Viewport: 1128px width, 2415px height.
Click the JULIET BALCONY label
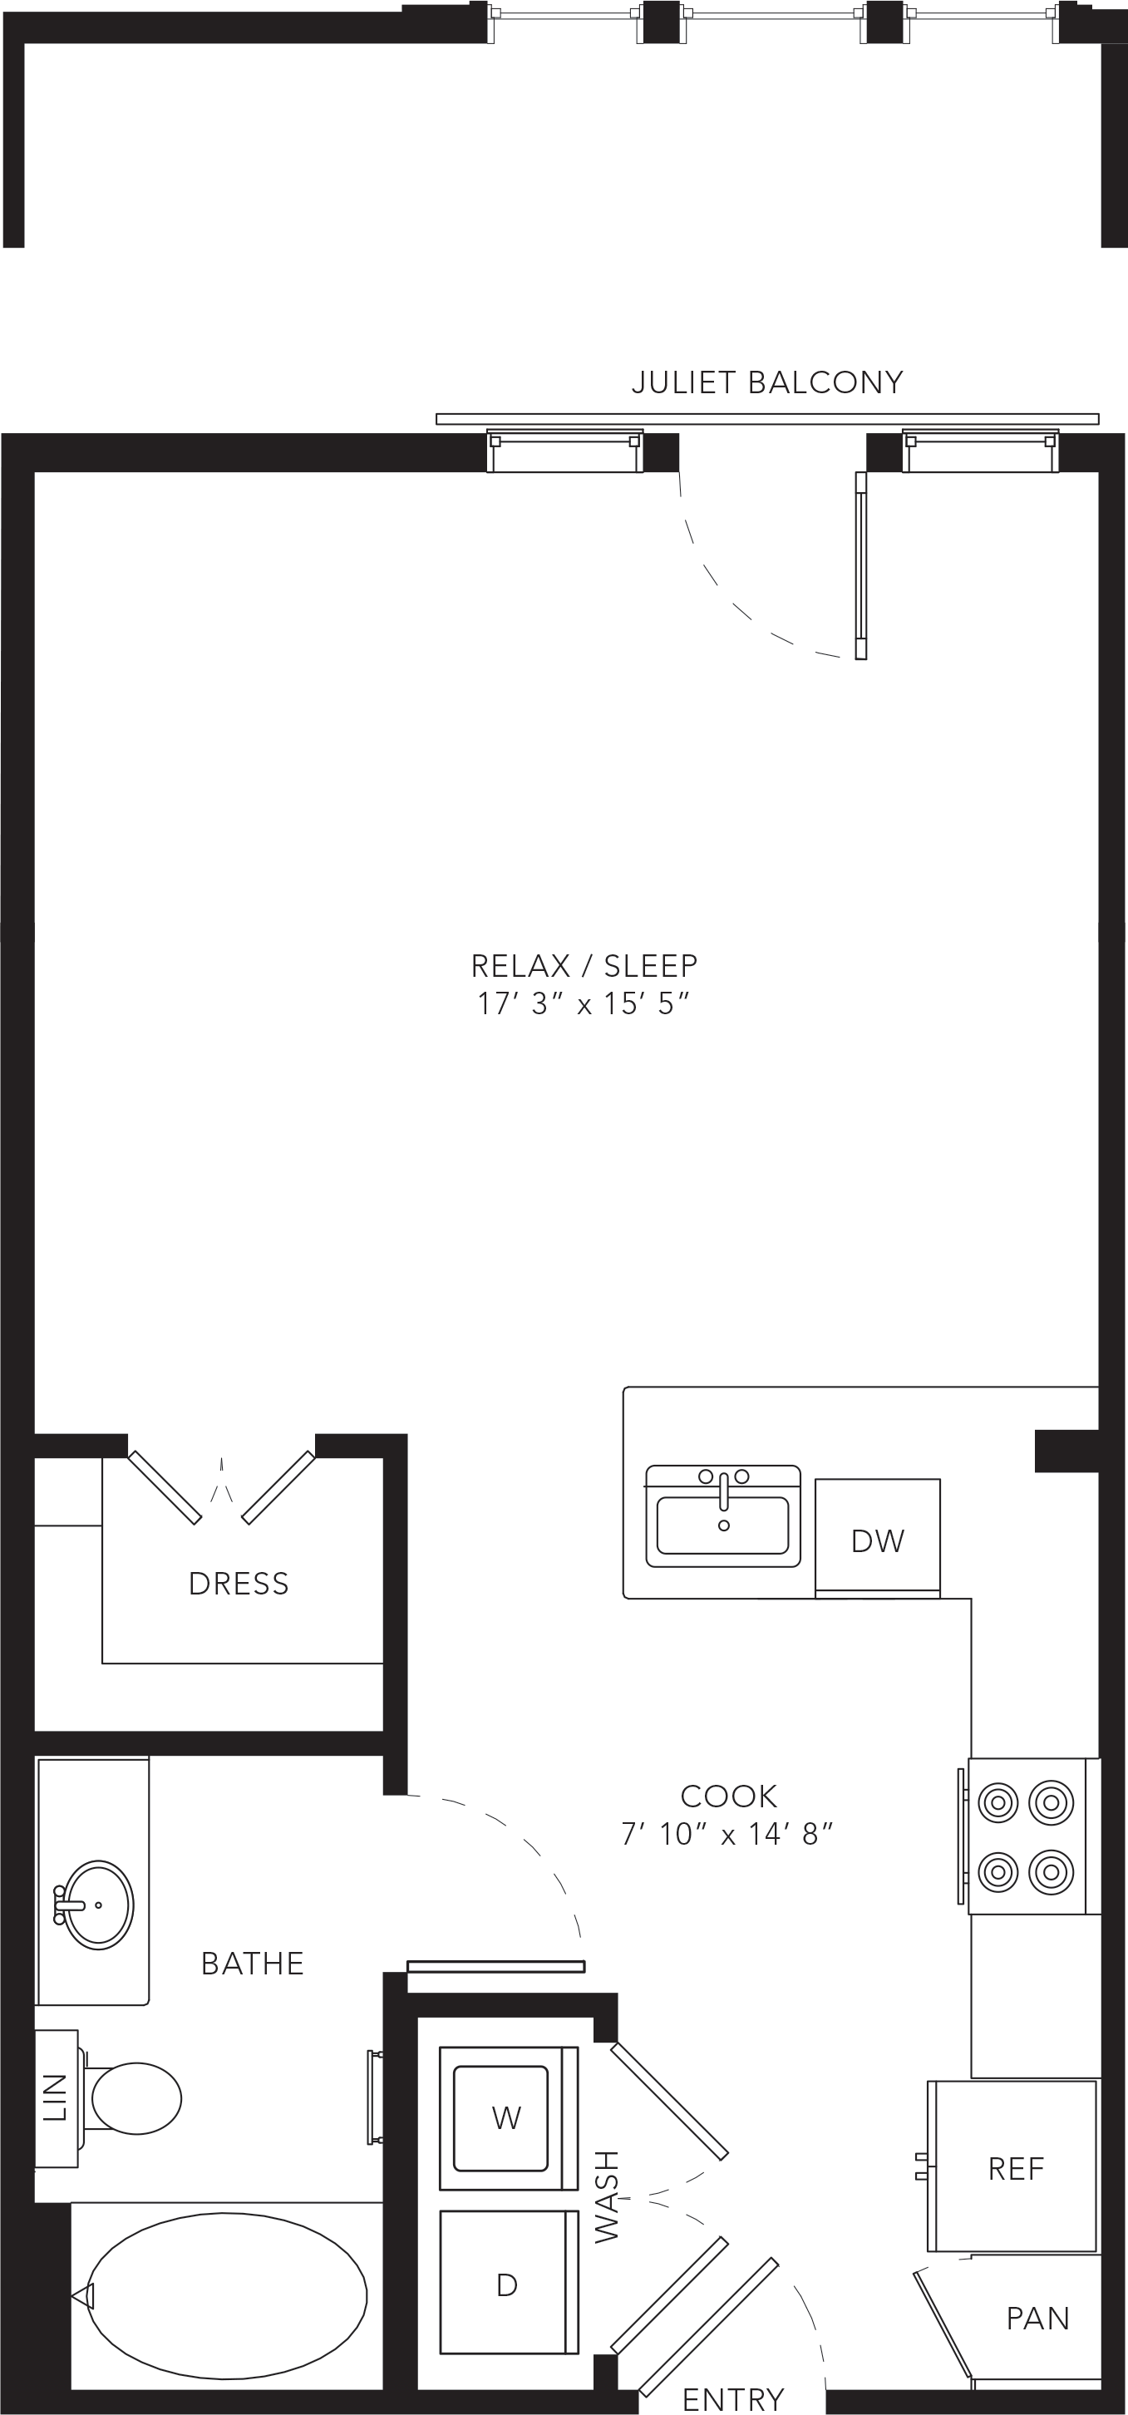767,382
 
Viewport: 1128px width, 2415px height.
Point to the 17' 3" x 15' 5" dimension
584,1004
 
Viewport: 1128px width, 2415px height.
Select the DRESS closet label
239,1584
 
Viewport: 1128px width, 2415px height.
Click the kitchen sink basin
723,1525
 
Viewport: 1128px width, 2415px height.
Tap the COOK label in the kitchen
728,1796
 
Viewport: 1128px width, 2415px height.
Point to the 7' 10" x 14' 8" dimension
727,1834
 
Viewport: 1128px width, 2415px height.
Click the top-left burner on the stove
997,1801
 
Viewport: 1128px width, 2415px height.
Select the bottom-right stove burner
1052,1872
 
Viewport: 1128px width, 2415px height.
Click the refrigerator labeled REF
1012,2166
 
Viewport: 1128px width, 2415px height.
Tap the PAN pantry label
1037,2318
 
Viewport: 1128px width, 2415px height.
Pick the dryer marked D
508,2283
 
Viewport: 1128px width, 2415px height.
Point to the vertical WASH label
608,2196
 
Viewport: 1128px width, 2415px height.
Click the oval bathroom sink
96,1905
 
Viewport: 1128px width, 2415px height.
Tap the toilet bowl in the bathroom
135,2098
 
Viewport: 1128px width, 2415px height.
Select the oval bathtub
227,2296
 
